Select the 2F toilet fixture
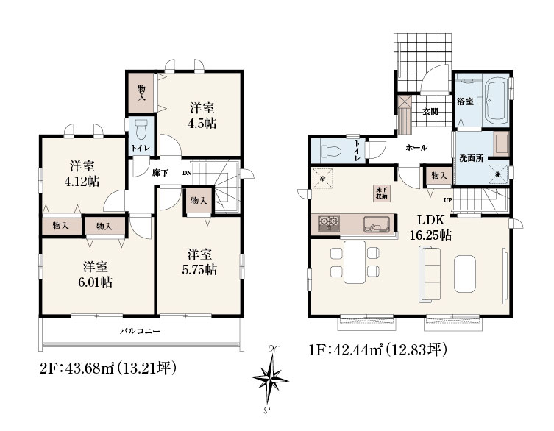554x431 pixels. [x=142, y=129]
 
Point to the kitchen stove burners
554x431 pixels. [x=329, y=224]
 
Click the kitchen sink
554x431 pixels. [x=377, y=224]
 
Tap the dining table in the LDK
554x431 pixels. [x=355, y=262]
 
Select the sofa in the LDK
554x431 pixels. [x=430, y=274]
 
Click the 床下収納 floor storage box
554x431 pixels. [x=383, y=193]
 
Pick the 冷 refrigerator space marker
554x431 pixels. [x=322, y=179]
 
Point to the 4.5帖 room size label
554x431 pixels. [x=202, y=124]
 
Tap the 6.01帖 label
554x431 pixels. [x=96, y=282]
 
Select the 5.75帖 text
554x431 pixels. [x=199, y=270]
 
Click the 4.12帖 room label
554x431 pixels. [x=82, y=181]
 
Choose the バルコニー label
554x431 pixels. [x=140, y=332]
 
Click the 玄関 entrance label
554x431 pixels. [x=430, y=112]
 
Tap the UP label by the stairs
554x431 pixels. [x=447, y=200]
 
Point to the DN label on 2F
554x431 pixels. [x=187, y=173]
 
